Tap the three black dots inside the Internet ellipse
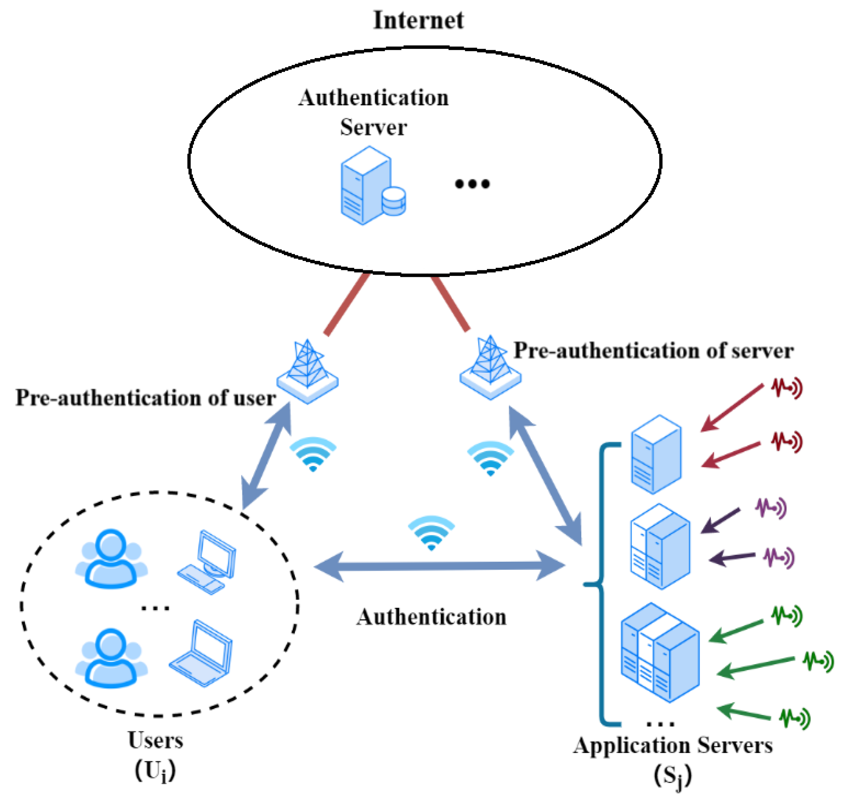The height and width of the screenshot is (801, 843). pyautogui.click(x=472, y=184)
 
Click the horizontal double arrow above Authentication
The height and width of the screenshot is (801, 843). pyautogui.click(x=439, y=566)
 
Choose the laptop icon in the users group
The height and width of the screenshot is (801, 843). pyautogui.click(x=201, y=653)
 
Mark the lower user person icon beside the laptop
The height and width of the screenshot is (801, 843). pyautogui.click(x=111, y=658)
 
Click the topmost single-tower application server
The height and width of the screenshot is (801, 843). pyautogui.click(x=656, y=454)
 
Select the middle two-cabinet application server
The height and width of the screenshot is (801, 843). pyautogui.click(x=660, y=546)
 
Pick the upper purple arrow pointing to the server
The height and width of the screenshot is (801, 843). pyautogui.click(x=721, y=521)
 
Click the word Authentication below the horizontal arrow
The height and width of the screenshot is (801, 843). pyautogui.click(x=431, y=617)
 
